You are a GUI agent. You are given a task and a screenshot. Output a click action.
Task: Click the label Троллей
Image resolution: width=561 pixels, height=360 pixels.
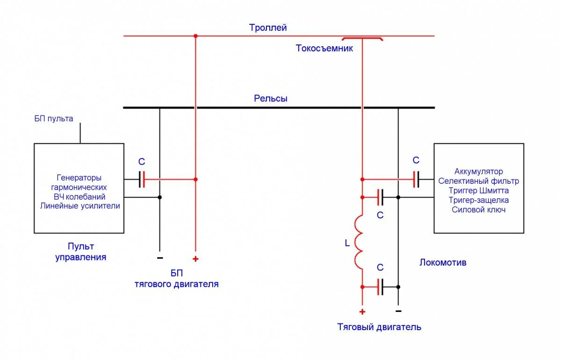coord(267,28)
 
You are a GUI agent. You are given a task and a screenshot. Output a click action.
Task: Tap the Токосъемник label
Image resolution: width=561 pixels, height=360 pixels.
coord(324,48)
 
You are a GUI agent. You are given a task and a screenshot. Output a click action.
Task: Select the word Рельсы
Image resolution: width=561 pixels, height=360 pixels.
coord(271,99)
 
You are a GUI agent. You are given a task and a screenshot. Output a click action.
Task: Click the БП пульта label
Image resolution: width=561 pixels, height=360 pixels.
coord(54,119)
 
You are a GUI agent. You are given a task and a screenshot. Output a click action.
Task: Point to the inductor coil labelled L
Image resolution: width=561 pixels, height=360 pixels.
coord(360,242)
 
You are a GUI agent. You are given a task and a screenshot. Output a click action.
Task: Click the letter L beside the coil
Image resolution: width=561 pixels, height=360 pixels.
coord(346,243)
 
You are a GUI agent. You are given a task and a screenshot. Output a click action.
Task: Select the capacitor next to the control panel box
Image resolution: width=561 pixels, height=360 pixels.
coord(142,179)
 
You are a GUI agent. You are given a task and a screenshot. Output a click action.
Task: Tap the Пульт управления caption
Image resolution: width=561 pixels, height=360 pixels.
coord(81,252)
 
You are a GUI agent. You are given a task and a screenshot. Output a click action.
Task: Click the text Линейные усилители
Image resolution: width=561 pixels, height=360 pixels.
coord(80,206)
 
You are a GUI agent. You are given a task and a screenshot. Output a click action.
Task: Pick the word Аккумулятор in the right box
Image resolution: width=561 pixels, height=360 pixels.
coord(478,172)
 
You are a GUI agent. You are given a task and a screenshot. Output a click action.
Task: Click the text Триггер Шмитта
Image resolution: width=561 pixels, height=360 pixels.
coord(478,191)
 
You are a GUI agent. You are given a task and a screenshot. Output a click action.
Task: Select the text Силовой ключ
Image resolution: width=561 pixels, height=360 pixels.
coord(478,210)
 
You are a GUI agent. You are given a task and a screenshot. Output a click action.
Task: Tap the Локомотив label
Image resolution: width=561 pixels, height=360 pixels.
coord(443,263)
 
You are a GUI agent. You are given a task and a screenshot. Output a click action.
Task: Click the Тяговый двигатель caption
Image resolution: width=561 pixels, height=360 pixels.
coord(379,327)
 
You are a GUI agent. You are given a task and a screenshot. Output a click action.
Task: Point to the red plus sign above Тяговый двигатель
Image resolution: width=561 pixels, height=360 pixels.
coord(362,311)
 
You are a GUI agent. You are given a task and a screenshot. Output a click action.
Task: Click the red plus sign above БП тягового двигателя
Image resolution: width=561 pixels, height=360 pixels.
coord(195,259)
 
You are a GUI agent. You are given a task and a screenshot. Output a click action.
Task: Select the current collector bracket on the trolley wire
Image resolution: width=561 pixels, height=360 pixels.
coord(362,39)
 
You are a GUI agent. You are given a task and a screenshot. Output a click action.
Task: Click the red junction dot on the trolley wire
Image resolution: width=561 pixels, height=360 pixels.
coord(195,36)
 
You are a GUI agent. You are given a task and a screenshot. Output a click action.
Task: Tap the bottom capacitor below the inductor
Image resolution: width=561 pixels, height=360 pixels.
coord(381,286)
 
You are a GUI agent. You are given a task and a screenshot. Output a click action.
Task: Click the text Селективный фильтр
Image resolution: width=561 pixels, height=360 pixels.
coord(478,181)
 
